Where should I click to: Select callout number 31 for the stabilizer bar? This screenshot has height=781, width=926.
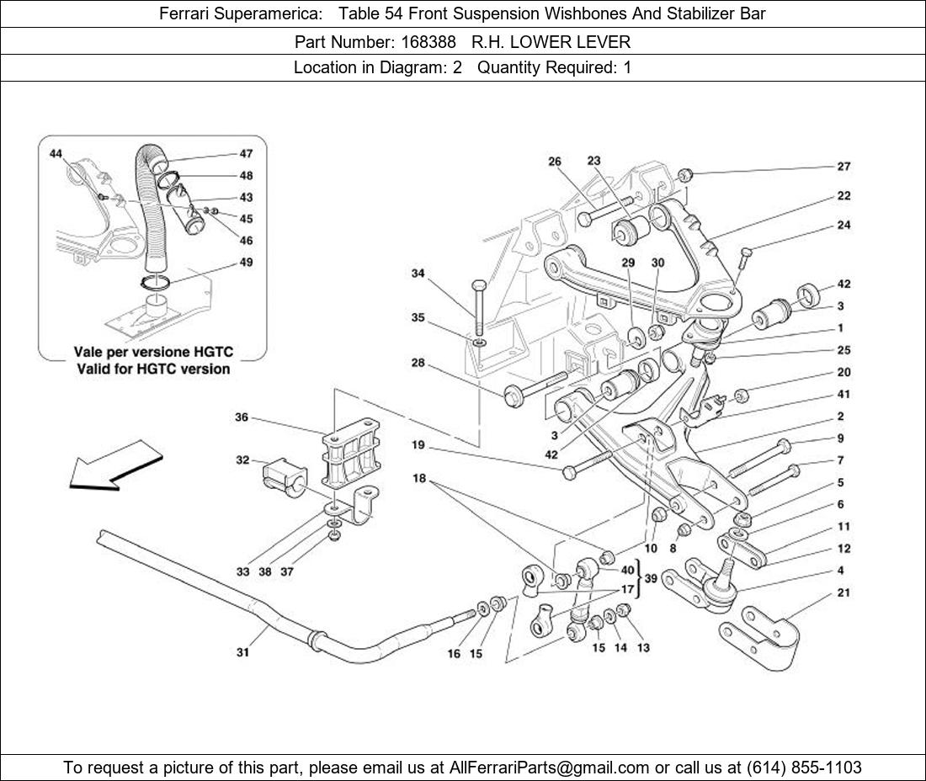(x=242, y=651)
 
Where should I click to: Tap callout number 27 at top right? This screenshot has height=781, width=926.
(x=844, y=167)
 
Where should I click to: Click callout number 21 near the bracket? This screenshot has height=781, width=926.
(x=844, y=592)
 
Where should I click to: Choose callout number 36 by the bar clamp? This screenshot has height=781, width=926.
(x=242, y=417)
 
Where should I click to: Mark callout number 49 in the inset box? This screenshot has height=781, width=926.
(x=246, y=262)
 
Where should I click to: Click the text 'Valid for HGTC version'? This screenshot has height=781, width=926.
(x=152, y=369)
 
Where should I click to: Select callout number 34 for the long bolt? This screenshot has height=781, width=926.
(x=418, y=273)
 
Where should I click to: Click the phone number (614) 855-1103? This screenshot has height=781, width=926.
(x=804, y=767)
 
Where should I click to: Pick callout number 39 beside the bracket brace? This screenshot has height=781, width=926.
(x=651, y=580)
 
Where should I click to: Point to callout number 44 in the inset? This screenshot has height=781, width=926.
(x=56, y=154)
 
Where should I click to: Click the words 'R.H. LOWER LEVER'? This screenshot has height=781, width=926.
(x=551, y=41)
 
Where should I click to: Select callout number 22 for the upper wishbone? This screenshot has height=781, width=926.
(x=844, y=195)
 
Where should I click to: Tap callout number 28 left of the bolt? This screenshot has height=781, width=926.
(x=418, y=364)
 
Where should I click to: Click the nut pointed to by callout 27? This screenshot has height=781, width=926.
(x=685, y=175)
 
